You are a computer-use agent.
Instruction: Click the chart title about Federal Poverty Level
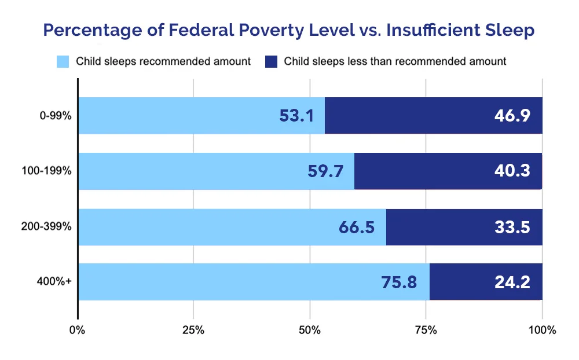point(289,30)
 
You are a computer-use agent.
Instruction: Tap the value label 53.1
point(296,116)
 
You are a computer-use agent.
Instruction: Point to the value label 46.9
point(512,116)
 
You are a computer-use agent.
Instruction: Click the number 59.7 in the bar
point(325,171)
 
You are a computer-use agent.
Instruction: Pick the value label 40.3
point(512,171)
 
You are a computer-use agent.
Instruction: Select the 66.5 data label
point(357,227)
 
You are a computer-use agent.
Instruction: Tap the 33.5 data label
point(512,227)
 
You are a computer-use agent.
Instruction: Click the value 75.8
point(400,282)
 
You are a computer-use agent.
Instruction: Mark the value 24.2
point(512,282)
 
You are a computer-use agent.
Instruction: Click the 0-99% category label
point(56,116)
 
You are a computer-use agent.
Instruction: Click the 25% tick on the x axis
point(193,330)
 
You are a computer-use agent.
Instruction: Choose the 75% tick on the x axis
point(426,330)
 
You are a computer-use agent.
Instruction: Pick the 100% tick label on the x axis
point(542,330)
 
